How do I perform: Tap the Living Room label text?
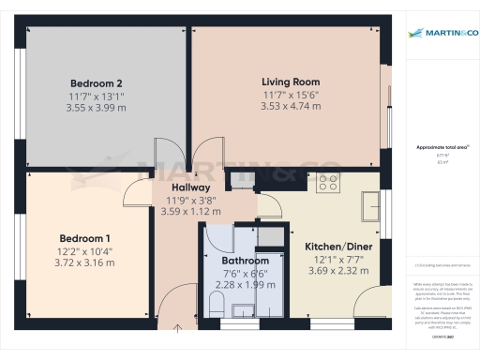pos(291,82)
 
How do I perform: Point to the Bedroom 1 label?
pos(85,237)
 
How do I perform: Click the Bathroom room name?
pos(246,260)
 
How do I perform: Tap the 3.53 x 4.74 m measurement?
pos(291,106)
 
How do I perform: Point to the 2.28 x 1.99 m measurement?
pos(246,284)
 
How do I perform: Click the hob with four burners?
pos(328,184)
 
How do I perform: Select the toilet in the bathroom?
pos(217,303)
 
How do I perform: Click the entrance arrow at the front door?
pos(179,329)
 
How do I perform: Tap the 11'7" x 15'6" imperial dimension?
pos(291,94)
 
